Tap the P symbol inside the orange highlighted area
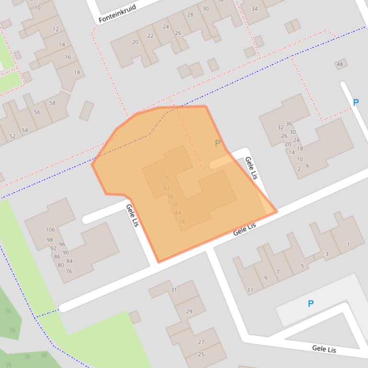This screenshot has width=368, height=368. pyautogui.click(x=218, y=143)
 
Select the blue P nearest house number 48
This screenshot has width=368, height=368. pyautogui.click(x=356, y=102)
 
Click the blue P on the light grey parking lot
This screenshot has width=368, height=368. pyautogui.click(x=311, y=303)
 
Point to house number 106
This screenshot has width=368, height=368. pyautogui.click(x=50, y=229)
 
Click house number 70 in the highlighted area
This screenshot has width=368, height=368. pyautogui.click(x=167, y=178)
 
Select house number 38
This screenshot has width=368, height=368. pyautogui.click(x=181, y=221)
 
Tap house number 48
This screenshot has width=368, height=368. pyautogui.click(x=340, y=65)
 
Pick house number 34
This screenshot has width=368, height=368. pyautogui.click(x=254, y=9)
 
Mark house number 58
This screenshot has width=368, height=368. pyautogui.click(x=52, y=103)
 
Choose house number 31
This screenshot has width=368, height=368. pyautogui.click(x=174, y=290)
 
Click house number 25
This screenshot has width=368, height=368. pyautogui.click(x=201, y=354)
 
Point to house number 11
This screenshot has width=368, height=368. pyautogui.click(x=250, y=290)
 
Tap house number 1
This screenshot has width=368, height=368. pyautogui.click(x=348, y=245)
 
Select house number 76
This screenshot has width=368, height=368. pyautogui.click(x=69, y=271)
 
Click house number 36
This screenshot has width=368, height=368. pyautogui.click(x=289, y=124)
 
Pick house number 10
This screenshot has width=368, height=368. pyautogui.click(x=38, y=8)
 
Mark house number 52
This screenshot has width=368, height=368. pyautogui.click(x=12, y=136)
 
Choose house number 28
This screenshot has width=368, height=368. pyautogui.click(x=190, y=15)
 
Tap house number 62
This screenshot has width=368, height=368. pyautogui.click(x=167, y=188)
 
